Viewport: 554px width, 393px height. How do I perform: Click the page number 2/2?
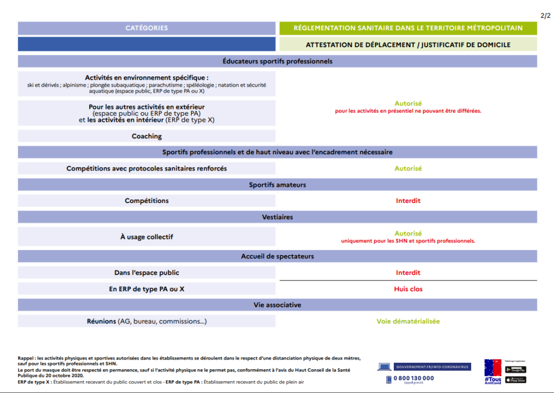pos(545,15)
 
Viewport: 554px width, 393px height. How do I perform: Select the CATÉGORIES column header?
pos(147,28)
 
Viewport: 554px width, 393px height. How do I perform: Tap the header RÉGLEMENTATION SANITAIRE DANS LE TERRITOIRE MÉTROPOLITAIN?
pos(408,28)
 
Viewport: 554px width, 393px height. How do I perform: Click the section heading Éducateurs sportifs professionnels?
pos(277,61)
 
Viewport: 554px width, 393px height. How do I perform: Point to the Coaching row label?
pos(147,136)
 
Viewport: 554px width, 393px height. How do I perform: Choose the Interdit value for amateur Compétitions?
pos(408,201)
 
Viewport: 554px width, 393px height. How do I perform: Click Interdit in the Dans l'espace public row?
pos(408,273)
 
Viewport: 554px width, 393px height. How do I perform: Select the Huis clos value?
pos(408,289)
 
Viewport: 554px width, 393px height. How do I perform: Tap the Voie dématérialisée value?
pos(408,322)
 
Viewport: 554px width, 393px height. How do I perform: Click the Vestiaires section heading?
pos(277,217)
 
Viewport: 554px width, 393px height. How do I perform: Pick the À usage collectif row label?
pos(147,237)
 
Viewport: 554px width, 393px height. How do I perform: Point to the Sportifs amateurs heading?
pos(277,185)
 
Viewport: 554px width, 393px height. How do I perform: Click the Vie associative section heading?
pos(277,305)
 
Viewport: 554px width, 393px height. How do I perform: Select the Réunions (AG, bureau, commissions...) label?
pos(147,322)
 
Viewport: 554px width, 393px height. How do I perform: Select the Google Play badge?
pos(516,370)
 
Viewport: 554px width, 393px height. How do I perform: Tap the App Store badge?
pos(516,379)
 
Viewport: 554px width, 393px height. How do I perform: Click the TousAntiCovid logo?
pos(492,372)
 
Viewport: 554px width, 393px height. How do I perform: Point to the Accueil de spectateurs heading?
pos(277,257)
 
